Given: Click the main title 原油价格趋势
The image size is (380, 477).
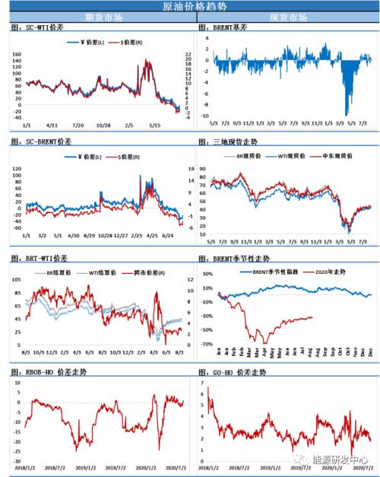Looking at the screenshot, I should [x=190, y=6].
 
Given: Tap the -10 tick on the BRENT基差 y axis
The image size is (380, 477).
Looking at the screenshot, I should [x=204, y=116].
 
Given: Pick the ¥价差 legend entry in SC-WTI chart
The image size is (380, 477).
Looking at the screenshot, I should [x=85, y=43].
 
